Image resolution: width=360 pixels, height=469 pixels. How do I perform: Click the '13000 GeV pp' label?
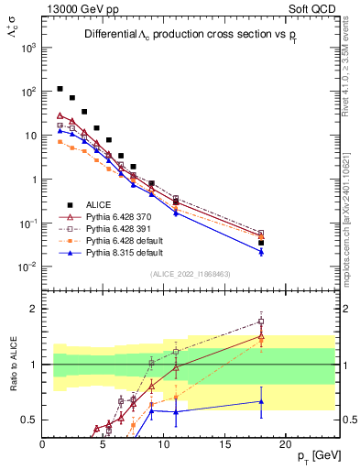click(x=76, y=7)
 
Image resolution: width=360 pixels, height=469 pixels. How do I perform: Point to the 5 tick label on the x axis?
click(x=104, y=443)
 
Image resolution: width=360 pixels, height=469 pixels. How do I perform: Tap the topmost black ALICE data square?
click(x=60, y=89)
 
